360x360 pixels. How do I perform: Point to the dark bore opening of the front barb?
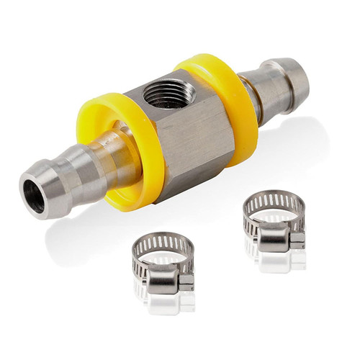[x=33, y=197]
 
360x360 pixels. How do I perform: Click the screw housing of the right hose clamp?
[x=276, y=234]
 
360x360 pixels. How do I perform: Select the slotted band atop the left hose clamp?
[x=162, y=242]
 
